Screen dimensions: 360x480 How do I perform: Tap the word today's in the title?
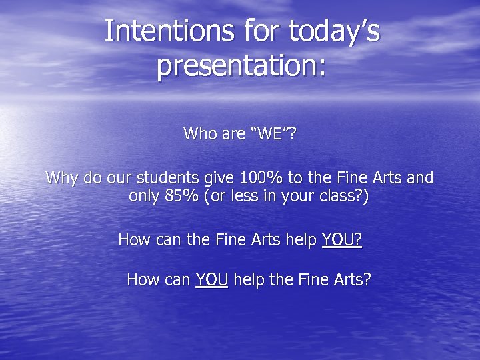(334, 31)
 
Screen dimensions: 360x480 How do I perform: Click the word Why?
(60, 179)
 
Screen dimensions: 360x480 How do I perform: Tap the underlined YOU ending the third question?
(341, 239)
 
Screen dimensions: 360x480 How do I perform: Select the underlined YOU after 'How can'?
(212, 279)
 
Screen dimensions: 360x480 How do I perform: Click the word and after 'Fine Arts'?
(419, 179)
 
